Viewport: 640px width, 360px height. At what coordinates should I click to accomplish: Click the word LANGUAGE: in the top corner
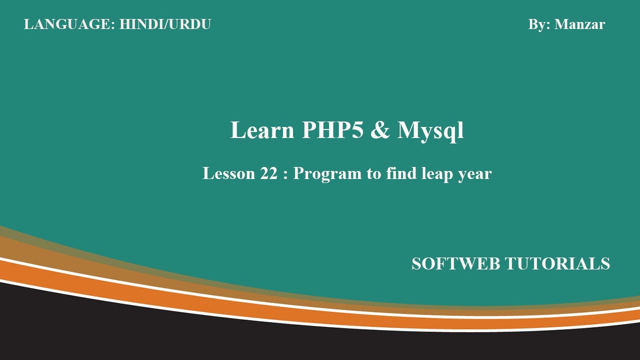click(x=69, y=24)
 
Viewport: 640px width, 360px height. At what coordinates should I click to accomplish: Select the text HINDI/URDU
click(x=165, y=24)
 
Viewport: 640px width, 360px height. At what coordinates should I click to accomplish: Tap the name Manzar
click(x=579, y=24)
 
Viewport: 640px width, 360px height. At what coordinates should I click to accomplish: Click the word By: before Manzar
click(x=539, y=24)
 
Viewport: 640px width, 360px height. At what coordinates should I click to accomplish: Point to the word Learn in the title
click(x=262, y=130)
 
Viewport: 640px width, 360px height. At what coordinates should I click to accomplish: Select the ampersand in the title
click(x=380, y=130)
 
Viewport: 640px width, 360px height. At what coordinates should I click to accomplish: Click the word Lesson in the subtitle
click(x=228, y=173)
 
